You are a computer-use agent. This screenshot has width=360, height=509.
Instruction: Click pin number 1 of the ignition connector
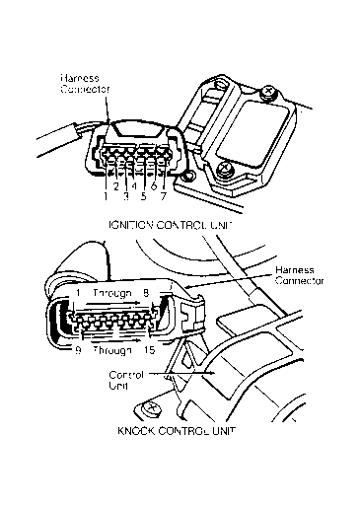click(x=106, y=196)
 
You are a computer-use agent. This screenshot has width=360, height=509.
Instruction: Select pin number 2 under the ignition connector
click(x=116, y=186)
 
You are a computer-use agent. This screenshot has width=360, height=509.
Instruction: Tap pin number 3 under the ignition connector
click(x=126, y=196)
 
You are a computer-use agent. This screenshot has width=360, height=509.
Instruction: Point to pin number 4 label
click(x=134, y=186)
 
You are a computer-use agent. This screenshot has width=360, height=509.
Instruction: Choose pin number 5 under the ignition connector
click(x=143, y=196)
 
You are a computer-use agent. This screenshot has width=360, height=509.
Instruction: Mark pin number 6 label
click(x=154, y=186)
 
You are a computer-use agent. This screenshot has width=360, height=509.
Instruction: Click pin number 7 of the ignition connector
click(x=163, y=196)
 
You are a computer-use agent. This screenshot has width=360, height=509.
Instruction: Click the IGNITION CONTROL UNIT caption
click(x=171, y=225)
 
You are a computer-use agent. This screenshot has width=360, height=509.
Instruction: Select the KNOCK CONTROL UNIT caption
click(x=177, y=431)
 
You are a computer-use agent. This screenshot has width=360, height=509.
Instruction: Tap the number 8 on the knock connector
click(x=146, y=293)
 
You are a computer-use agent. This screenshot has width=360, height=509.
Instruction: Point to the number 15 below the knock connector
click(x=149, y=350)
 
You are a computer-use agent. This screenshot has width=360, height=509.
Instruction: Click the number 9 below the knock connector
click(x=78, y=350)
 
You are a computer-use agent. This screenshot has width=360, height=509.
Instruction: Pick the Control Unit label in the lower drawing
click(x=126, y=380)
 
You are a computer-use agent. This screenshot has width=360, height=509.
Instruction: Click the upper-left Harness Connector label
click(x=85, y=84)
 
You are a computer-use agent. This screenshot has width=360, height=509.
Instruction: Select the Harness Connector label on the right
click(x=300, y=275)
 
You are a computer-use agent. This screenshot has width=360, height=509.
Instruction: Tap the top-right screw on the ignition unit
click(x=269, y=92)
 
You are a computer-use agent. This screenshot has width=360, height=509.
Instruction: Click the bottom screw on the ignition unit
click(x=225, y=169)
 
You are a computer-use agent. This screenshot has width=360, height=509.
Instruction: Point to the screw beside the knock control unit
click(x=151, y=408)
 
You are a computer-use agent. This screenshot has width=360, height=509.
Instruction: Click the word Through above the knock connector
click(x=112, y=293)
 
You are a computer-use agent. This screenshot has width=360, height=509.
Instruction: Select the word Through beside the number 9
click(x=112, y=351)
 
